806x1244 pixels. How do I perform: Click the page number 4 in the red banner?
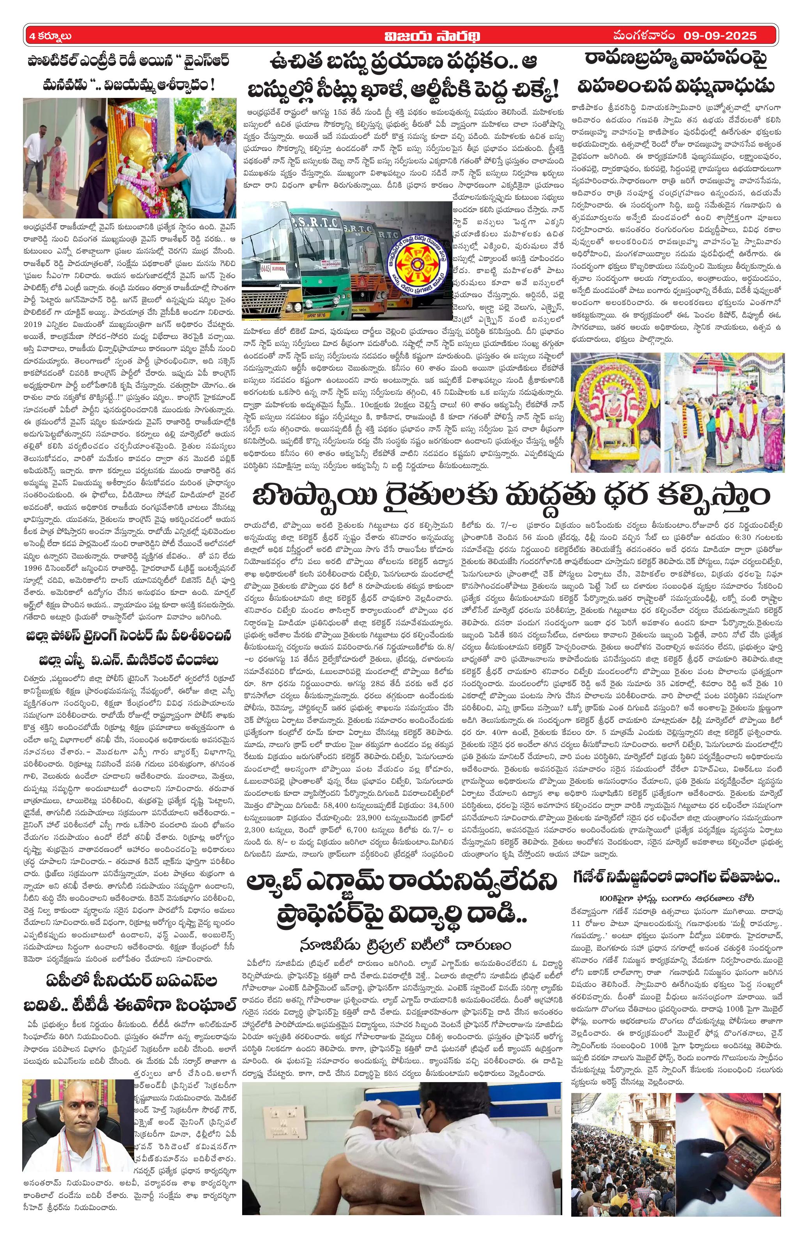click(x=33, y=36)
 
